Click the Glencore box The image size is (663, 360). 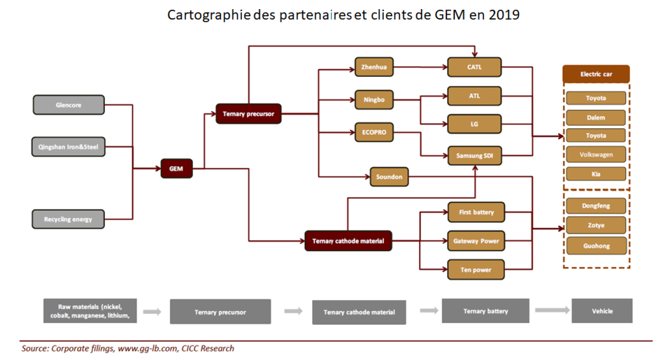click(69, 105)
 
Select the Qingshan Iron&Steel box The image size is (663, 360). click(69, 147)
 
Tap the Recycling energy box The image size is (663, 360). click(69, 219)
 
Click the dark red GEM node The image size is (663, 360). click(176, 168)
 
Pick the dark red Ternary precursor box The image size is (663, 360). click(248, 114)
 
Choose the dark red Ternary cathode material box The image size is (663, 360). click(348, 241)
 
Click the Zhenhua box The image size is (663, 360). click(374, 67)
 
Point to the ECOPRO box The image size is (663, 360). click(374, 132)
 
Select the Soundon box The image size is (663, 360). click(389, 177)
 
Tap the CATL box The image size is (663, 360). click(474, 67)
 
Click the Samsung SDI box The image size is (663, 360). click(474, 156)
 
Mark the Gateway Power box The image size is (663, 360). click(476, 241)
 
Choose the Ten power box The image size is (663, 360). click(476, 269)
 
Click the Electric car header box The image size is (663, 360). click(596, 74)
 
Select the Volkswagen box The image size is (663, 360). click(596, 155)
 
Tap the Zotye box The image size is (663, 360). click(596, 225)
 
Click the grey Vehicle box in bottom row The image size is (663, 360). click(602, 311)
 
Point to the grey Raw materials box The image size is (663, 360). click(83, 311)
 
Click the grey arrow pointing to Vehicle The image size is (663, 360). click(552, 310)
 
